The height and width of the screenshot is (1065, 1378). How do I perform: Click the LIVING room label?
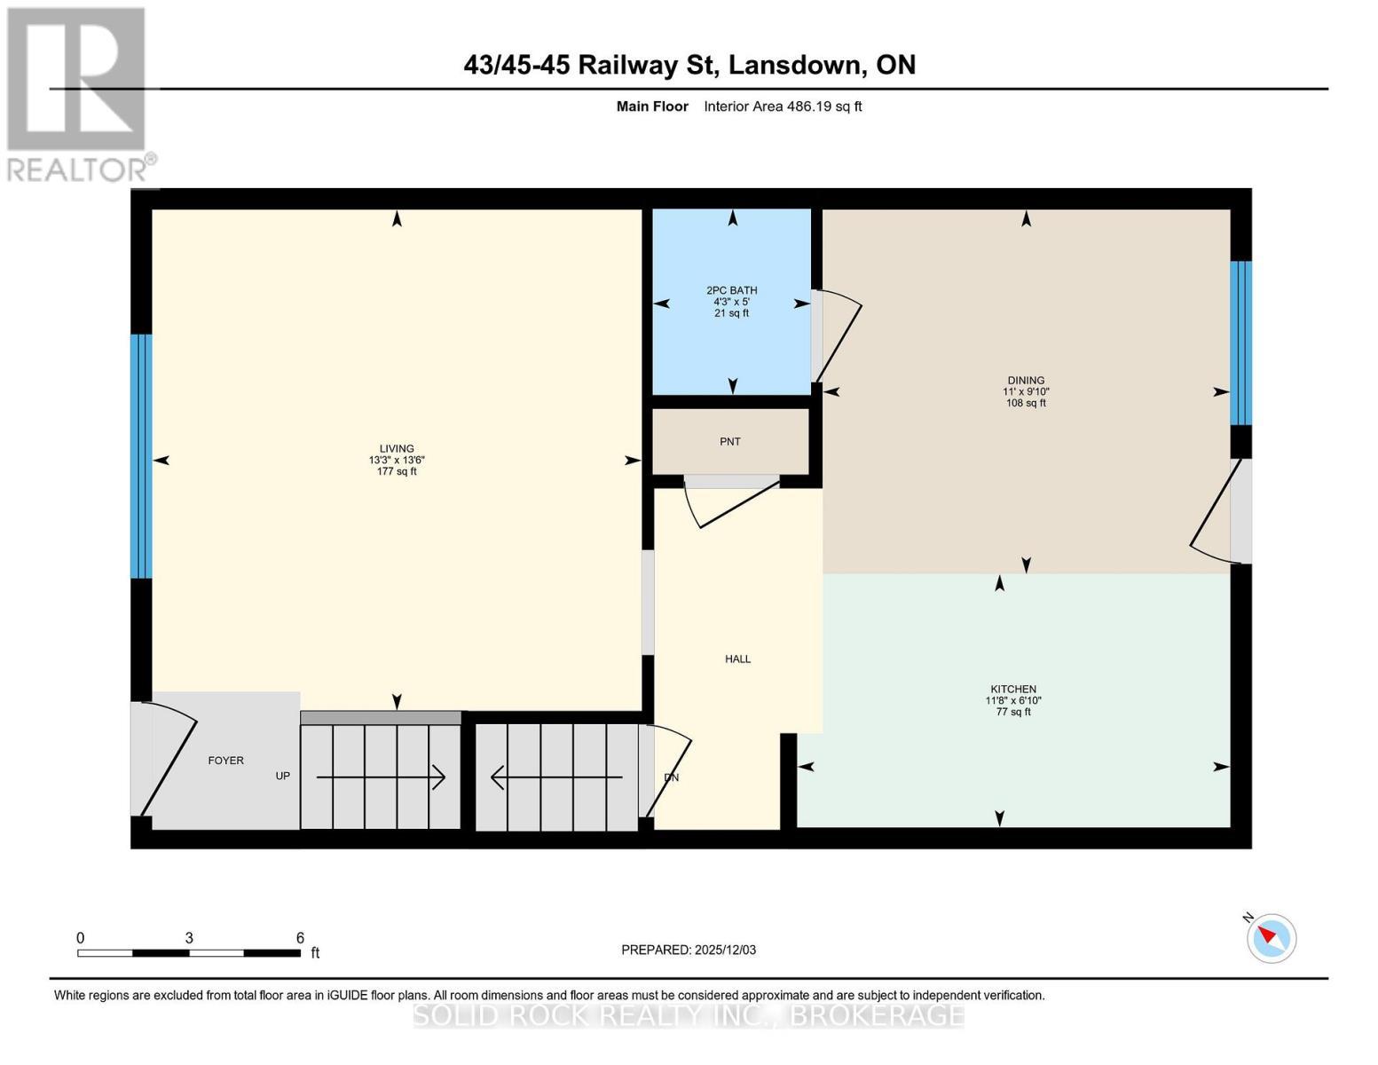397,448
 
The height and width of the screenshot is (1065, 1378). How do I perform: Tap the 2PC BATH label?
731,290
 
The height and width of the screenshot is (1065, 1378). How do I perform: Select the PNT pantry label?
729,441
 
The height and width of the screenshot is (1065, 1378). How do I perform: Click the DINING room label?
1025,380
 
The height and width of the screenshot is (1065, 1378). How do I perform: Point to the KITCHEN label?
1012,689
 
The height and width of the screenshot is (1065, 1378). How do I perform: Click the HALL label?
737,659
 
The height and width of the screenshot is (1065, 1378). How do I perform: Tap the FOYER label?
225,761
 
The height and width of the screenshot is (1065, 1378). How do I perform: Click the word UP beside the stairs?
282,776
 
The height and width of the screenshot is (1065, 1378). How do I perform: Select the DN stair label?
671,777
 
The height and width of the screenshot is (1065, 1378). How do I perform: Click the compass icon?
1272,937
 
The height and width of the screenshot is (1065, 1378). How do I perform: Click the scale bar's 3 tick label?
189,938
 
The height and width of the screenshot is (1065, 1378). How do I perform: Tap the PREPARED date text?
688,950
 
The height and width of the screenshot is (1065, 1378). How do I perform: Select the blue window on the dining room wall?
1240,343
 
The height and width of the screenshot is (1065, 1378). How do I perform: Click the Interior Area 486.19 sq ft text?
783,106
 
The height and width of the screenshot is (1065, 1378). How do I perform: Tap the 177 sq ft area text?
397,471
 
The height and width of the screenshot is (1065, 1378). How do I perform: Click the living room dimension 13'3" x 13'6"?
397,460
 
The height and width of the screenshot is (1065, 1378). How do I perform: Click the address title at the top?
689,65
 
